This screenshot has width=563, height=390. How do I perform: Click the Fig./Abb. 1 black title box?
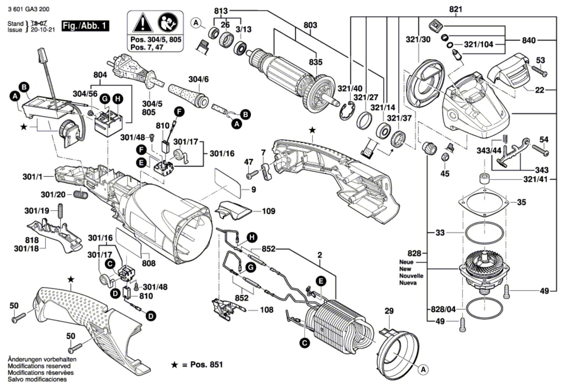(85, 26)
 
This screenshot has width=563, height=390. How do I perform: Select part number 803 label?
(310, 25)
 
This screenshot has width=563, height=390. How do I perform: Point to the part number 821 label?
(455, 9)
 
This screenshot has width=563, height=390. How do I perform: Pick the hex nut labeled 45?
(444, 157)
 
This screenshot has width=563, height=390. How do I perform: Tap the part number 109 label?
(268, 211)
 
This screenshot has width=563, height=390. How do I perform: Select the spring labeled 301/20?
(81, 194)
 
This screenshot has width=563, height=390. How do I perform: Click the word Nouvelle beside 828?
(411, 276)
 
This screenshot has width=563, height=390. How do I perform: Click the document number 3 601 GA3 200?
(28, 9)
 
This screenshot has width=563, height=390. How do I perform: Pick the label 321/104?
(478, 44)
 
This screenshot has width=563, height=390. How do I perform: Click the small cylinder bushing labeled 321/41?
(484, 179)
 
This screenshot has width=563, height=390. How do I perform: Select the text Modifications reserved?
(37, 366)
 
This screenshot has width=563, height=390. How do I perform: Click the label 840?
(529, 40)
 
